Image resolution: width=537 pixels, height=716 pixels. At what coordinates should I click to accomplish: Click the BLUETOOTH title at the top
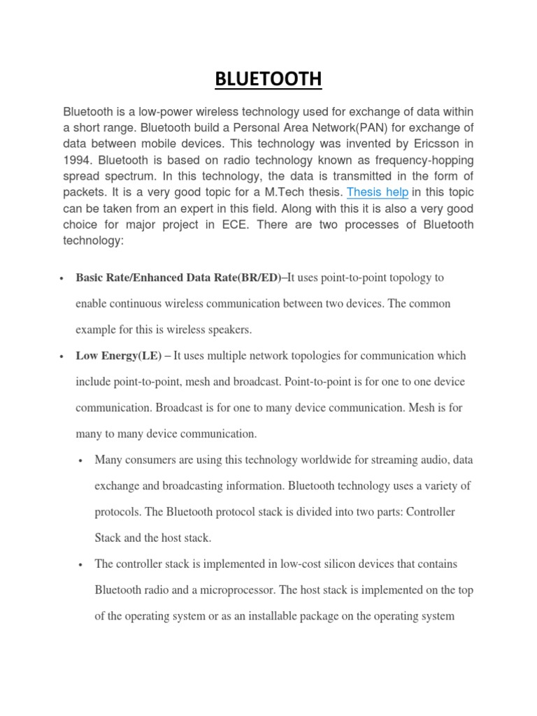(268, 80)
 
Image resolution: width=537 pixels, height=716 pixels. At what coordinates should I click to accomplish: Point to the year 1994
(78, 160)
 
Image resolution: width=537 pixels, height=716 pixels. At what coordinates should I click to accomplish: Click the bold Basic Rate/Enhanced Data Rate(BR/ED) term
(181, 278)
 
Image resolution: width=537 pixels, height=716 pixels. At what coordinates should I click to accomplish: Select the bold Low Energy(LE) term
(118, 356)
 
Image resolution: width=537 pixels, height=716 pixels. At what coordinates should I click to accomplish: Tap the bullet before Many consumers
(82, 461)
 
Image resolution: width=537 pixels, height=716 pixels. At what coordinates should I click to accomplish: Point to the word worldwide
(321, 460)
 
